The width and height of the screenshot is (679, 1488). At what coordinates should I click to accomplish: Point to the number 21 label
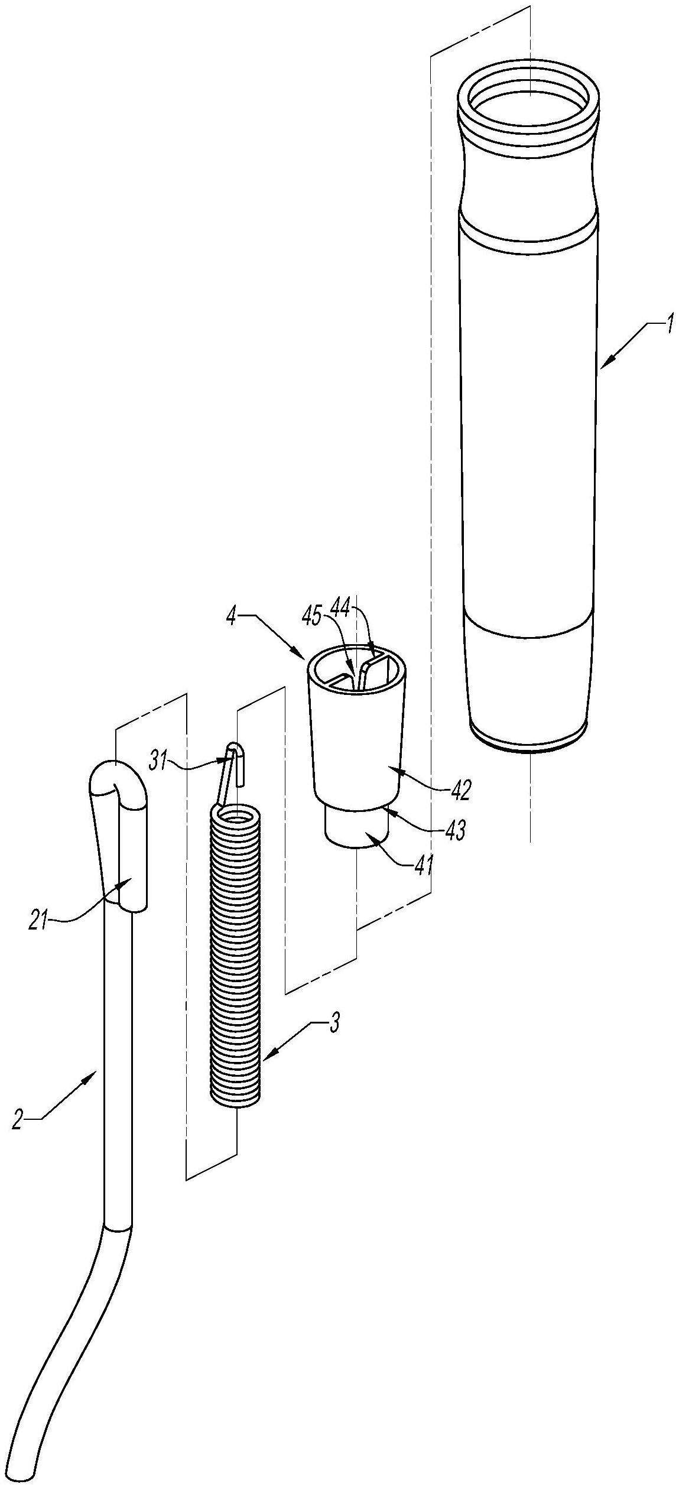[x=39, y=921]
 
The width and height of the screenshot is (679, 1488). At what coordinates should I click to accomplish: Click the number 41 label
[x=423, y=868]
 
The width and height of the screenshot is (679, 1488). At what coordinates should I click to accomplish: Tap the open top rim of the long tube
[x=529, y=95]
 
